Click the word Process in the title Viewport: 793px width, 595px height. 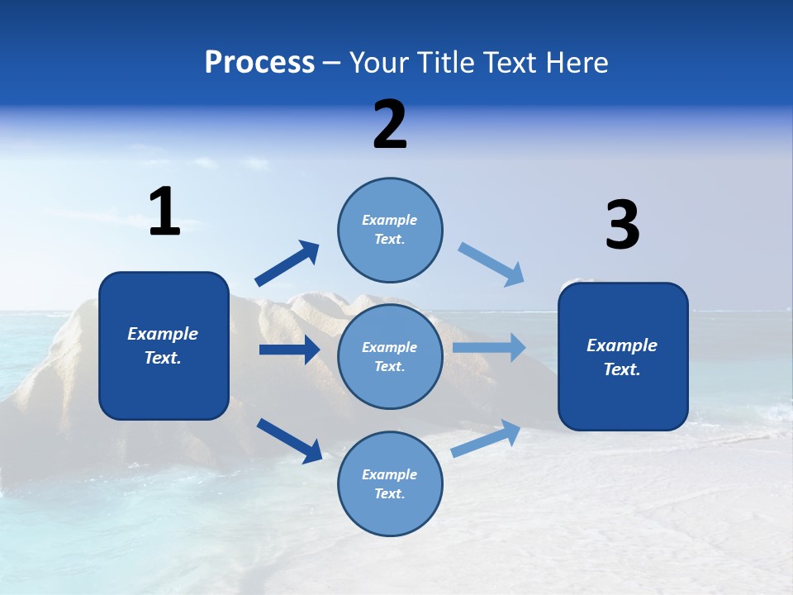tap(259, 63)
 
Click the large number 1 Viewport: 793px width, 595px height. tap(164, 212)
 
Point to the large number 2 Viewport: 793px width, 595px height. tap(390, 125)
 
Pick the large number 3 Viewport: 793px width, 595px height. tap(622, 226)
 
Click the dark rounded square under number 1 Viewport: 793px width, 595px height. tap(164, 345)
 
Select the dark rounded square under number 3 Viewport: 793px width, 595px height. tap(623, 357)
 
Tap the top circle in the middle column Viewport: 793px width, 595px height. tap(390, 230)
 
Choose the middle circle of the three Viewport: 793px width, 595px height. tap(390, 356)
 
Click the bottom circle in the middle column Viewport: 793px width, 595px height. tap(390, 483)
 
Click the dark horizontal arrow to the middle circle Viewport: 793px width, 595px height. tap(290, 350)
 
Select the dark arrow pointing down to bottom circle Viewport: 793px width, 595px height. tap(290, 440)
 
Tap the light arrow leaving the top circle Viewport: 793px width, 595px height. tap(491, 264)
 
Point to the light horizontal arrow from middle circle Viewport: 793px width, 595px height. tap(489, 347)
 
